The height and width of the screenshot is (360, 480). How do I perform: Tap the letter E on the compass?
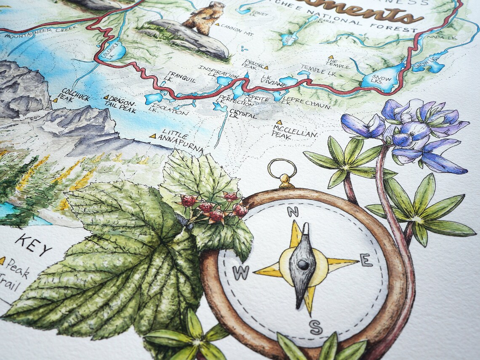(366, 260)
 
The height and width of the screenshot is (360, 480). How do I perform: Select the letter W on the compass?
(240, 272)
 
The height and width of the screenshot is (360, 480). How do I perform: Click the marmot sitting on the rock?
(204, 18)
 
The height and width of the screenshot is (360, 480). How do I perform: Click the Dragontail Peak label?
(121, 104)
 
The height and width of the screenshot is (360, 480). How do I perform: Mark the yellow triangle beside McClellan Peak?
(278, 122)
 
